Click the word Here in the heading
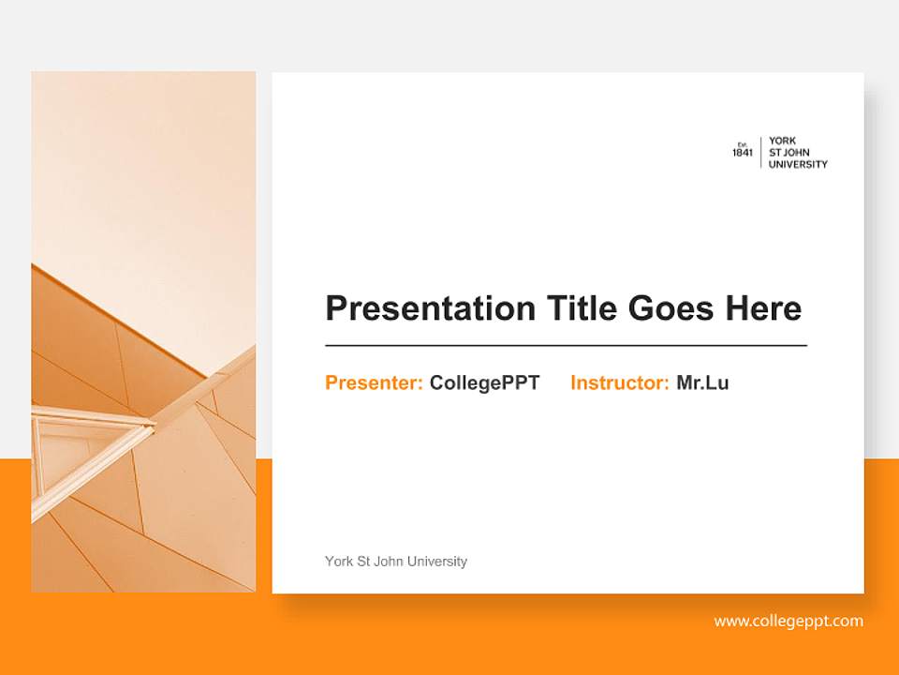(x=763, y=308)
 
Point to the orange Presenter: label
(x=374, y=382)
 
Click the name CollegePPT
(x=484, y=382)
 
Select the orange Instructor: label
(x=619, y=382)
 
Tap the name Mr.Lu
(x=702, y=382)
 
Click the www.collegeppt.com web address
(x=788, y=621)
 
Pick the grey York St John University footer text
(x=395, y=562)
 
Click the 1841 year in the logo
(x=743, y=154)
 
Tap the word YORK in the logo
(x=782, y=142)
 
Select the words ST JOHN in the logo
(x=788, y=153)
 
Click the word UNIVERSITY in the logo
(x=798, y=164)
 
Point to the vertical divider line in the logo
(x=760, y=152)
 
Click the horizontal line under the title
(x=566, y=346)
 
